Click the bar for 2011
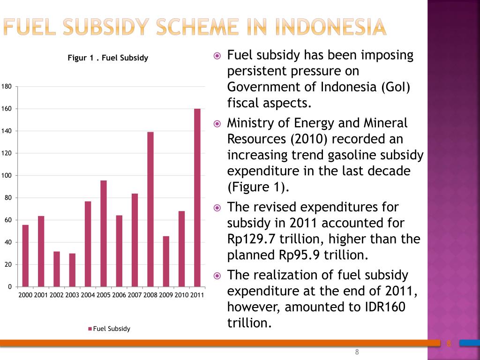tap(197, 198)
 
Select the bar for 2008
tap(150, 210)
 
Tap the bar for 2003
tap(72, 270)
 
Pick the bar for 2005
tap(104, 233)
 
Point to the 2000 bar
tap(25, 256)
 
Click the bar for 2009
tap(166, 262)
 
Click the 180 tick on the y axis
tap(7, 87)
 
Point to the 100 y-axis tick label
tap(7, 176)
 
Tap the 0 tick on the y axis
tap(10, 287)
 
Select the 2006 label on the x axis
tap(119, 295)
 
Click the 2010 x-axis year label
tap(181, 295)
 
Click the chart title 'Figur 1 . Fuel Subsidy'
tap(108, 58)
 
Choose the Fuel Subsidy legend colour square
tap(90, 329)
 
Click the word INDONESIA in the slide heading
tap(330, 27)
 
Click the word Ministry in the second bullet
tap(249, 123)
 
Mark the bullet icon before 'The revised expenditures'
tap(217, 208)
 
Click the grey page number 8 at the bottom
tap(357, 352)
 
